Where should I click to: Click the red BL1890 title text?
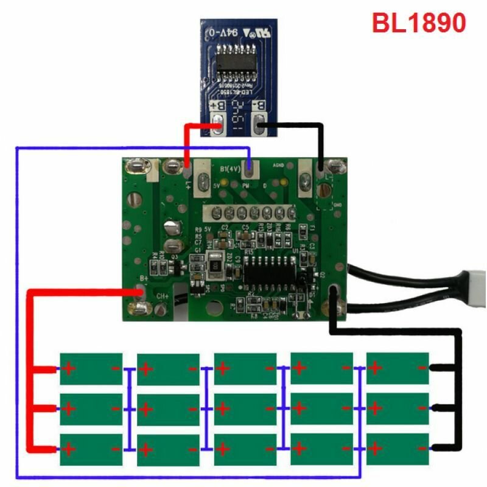pyautogui.click(x=419, y=23)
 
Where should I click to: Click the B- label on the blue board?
pyautogui.click(x=261, y=107)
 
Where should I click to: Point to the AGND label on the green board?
pyautogui.click(x=279, y=165)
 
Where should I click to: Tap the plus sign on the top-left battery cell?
pyautogui.click(x=68, y=369)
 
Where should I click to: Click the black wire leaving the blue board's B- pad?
pyautogui.click(x=292, y=127)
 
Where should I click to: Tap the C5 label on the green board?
pyautogui.click(x=245, y=226)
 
